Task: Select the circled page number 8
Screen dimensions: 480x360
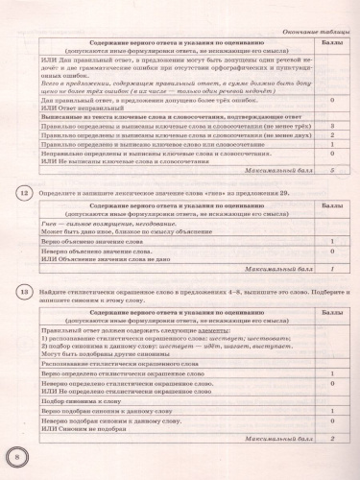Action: point(16,454)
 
